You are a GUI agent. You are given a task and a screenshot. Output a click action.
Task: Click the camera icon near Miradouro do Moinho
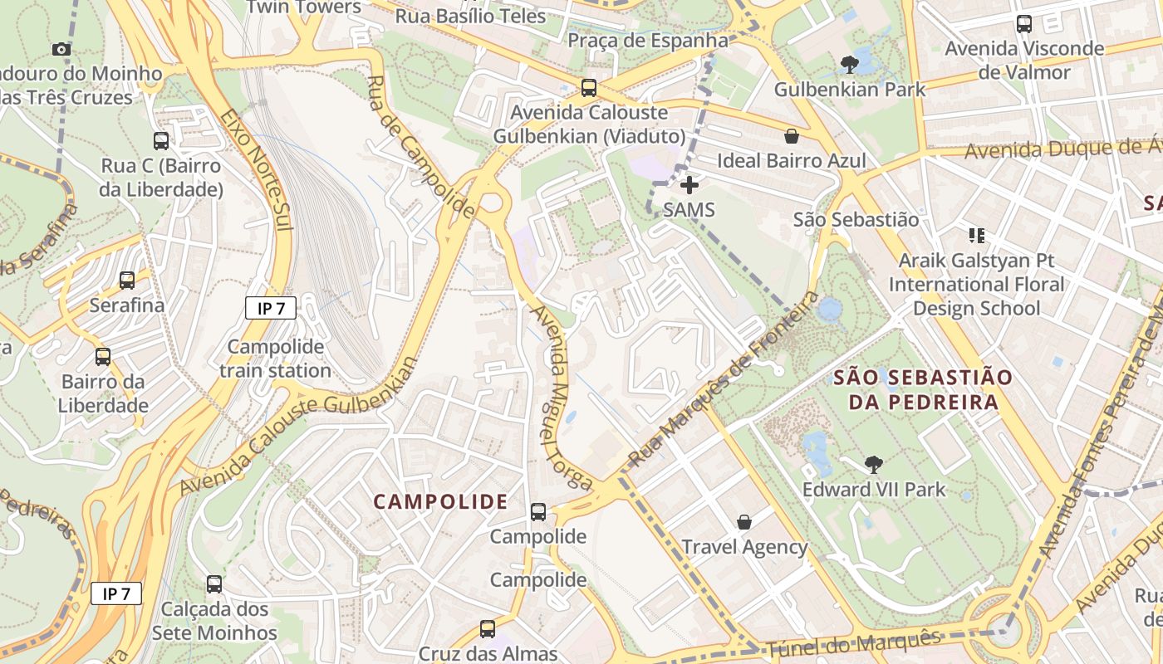(x=61, y=49)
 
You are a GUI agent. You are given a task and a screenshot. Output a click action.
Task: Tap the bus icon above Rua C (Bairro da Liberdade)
(x=161, y=141)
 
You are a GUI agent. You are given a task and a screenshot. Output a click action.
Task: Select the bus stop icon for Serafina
(x=127, y=281)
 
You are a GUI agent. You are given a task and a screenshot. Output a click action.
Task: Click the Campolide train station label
(x=275, y=359)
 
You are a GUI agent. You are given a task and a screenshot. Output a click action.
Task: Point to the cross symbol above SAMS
(x=689, y=185)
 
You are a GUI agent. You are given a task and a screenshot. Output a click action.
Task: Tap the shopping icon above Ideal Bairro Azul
(x=792, y=136)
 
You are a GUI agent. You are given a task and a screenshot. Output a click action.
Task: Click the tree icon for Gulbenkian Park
(x=849, y=64)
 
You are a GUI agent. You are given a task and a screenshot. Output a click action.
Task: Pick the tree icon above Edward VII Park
(x=873, y=465)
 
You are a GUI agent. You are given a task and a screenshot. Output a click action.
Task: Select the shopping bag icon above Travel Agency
(x=744, y=522)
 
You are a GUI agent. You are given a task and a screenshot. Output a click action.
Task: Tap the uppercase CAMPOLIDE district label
(x=440, y=501)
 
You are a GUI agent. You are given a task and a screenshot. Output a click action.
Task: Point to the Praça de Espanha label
(x=648, y=40)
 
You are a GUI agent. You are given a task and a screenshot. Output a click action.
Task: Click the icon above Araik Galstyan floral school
(x=976, y=236)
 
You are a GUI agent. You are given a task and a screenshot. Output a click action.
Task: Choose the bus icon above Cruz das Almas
(x=488, y=629)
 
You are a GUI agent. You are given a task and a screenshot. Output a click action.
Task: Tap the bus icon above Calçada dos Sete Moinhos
(x=214, y=584)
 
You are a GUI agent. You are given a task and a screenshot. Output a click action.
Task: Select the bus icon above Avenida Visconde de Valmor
(x=1024, y=24)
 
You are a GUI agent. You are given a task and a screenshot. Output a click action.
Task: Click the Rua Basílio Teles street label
(x=470, y=16)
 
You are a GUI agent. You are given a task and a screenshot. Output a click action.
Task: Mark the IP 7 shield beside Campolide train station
(x=271, y=309)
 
